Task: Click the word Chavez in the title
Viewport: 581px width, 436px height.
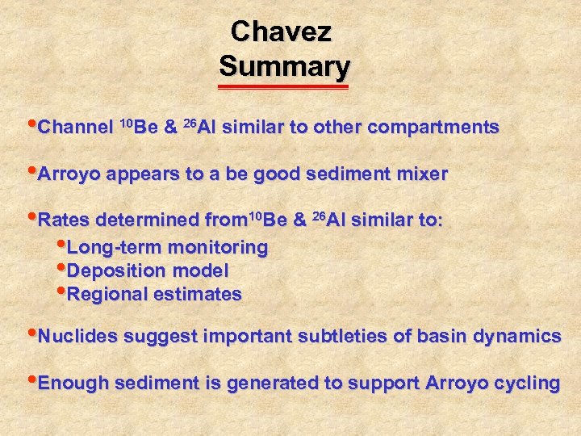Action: (281, 31)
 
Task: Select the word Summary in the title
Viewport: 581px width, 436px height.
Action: (284, 65)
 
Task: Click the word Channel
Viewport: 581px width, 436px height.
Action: (76, 128)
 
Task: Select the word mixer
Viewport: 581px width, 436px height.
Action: (421, 174)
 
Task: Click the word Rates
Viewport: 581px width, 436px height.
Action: (64, 220)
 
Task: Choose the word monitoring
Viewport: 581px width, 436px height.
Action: (217, 248)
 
